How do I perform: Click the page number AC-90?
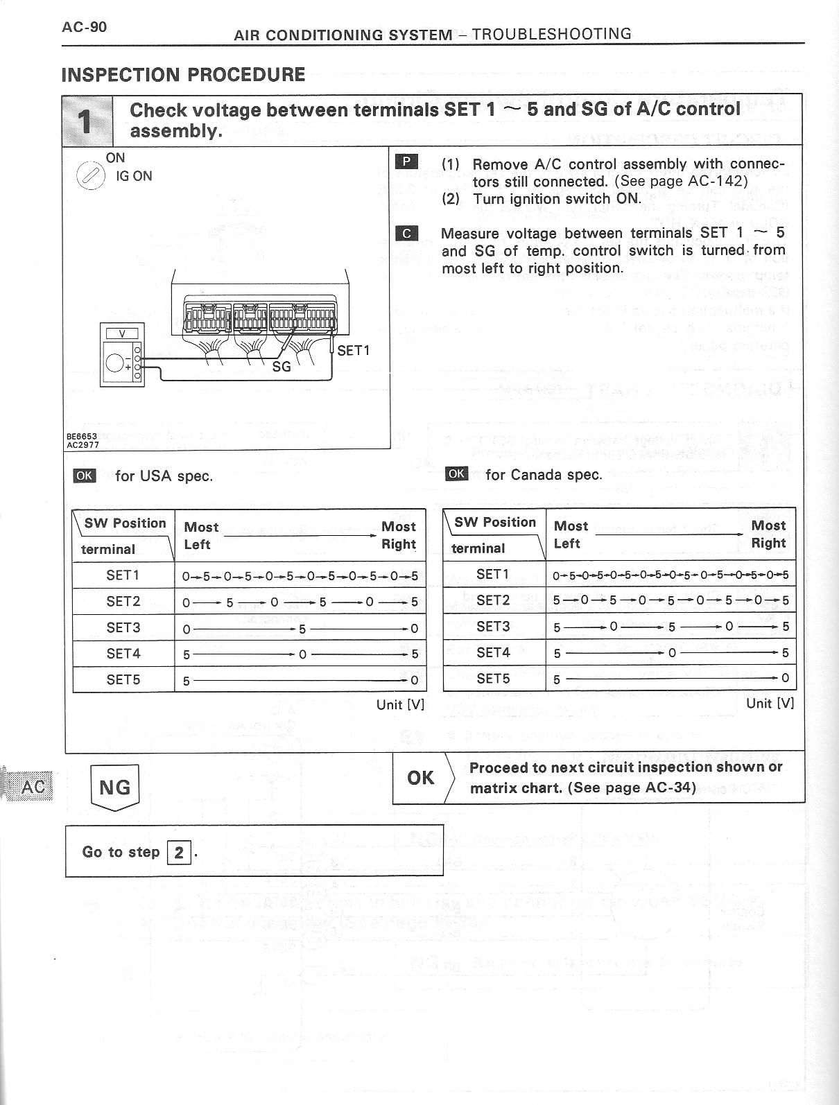(84, 27)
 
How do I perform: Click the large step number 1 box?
(87, 121)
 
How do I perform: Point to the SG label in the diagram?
(282, 367)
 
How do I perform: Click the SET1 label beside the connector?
(353, 351)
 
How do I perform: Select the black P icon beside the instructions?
(406, 162)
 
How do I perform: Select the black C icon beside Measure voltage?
(406, 233)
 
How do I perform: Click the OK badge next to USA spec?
(84, 476)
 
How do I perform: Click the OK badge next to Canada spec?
(456, 474)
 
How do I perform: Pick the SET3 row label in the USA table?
(123, 627)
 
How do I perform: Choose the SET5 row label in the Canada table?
(492, 677)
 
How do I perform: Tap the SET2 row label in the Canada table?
(492, 600)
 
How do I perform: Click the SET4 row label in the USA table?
(123, 653)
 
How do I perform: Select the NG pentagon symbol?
(114, 787)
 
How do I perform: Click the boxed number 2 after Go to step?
(178, 852)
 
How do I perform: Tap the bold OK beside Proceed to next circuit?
(421, 778)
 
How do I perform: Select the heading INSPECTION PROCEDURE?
(184, 75)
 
